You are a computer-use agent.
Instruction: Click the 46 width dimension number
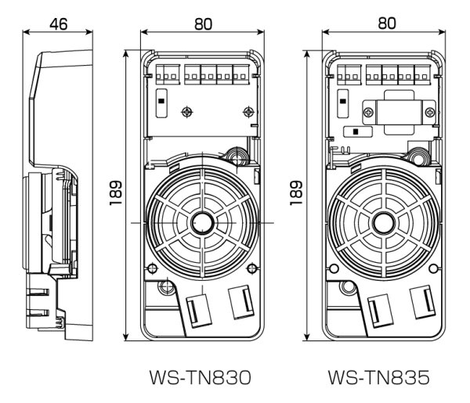(59, 23)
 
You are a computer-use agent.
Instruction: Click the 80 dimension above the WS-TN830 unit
(203, 23)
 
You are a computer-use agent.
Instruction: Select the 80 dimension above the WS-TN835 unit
(385, 23)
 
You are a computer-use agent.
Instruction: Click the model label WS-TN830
(199, 379)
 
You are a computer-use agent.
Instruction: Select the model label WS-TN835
(379, 379)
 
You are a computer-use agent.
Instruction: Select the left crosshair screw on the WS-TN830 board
(186, 112)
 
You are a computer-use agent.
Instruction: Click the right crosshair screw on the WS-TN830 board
(249, 112)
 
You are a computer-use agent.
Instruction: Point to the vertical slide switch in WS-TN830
(161, 102)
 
